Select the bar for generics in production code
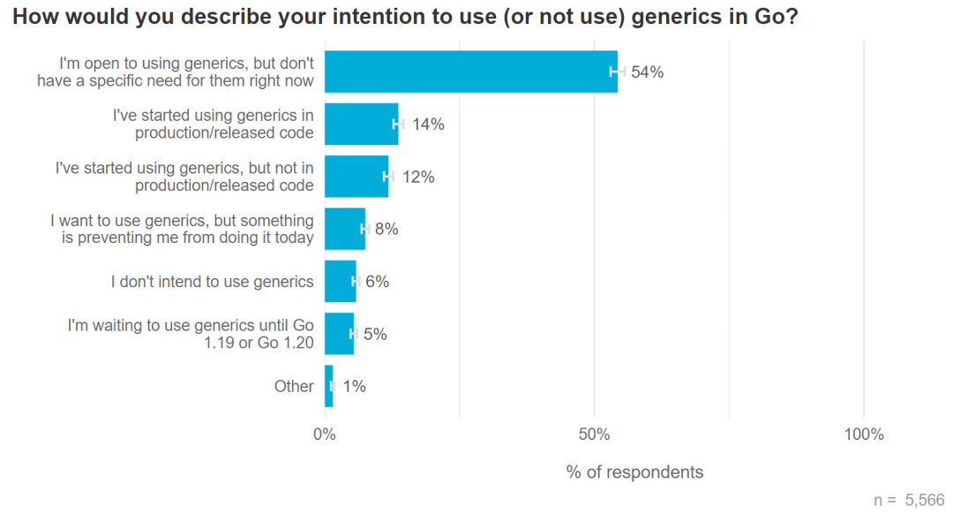[x=362, y=125]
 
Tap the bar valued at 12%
[x=356, y=177]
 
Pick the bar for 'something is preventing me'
[x=345, y=229]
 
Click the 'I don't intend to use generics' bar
[x=341, y=282]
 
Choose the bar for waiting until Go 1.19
[x=339, y=334]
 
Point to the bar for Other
[x=329, y=386]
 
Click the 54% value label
[x=647, y=72]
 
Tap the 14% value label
[x=428, y=125]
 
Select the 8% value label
[x=386, y=229]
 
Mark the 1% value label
[x=354, y=386]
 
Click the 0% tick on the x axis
[x=325, y=435]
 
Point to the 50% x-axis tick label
[x=594, y=435]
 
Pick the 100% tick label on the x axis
[x=863, y=435]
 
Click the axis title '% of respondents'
[x=634, y=472]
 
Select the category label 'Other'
[x=294, y=386]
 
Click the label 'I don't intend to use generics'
[x=212, y=282]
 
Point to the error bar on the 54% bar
[x=618, y=72]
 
